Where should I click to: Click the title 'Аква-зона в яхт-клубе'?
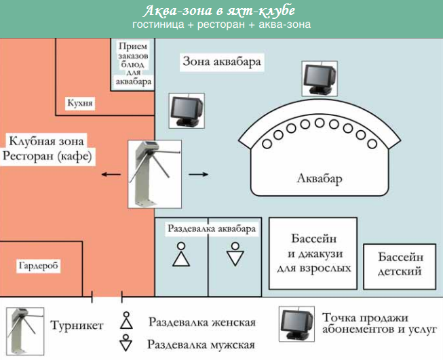coord(221,12)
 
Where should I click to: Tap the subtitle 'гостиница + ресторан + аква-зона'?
coord(221,25)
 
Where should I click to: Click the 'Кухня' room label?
coord(80,104)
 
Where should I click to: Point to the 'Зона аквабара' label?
coord(222,62)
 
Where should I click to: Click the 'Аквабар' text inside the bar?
coord(320,180)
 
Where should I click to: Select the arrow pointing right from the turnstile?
coord(197,174)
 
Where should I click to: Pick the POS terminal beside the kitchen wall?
coord(186,111)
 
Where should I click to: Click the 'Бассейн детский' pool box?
coord(401,265)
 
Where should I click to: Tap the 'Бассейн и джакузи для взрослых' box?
coord(313,254)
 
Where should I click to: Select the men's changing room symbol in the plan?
coord(235,254)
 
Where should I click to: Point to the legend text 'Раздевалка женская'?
coord(202,321)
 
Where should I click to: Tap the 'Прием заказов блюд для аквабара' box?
coord(133,64)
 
